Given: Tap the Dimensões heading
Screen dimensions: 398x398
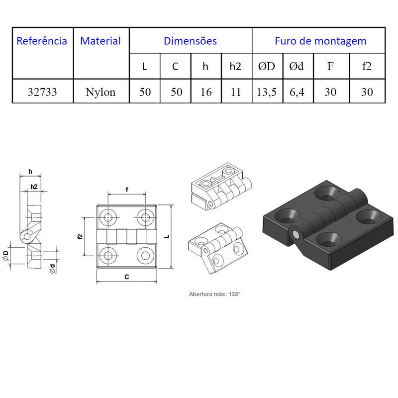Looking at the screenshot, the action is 191,41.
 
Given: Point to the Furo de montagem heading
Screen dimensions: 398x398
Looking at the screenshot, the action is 320,41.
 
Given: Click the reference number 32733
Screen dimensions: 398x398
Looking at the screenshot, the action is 42,92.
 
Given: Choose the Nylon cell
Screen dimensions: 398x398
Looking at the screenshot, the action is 100,92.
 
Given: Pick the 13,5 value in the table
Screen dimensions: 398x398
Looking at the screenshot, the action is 267,92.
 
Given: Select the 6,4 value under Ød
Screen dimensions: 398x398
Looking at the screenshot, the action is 297,92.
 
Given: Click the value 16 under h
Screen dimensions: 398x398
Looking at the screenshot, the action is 206,92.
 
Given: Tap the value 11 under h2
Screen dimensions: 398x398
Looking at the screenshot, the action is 236,92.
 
